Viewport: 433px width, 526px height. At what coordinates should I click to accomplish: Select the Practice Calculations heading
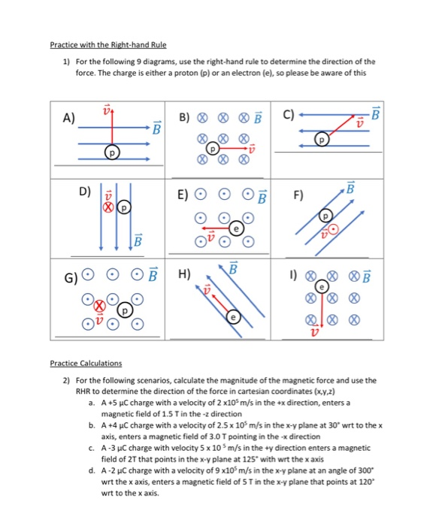[x=86, y=364]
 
